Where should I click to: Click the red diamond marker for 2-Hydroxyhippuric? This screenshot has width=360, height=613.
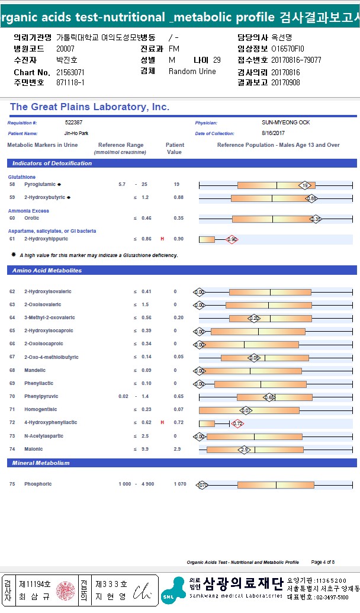tap(232, 239)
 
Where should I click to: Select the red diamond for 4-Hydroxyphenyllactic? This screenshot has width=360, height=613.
tap(237, 423)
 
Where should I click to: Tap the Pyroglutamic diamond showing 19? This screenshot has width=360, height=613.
tap(304, 185)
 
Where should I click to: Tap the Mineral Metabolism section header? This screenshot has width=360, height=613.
tap(41, 463)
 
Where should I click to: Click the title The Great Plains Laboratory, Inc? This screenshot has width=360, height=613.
tap(89, 107)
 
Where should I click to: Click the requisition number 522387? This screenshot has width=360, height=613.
tap(74, 123)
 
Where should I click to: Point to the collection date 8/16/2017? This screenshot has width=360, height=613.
tap(274, 133)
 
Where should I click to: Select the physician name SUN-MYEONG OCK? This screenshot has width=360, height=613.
tap(285, 123)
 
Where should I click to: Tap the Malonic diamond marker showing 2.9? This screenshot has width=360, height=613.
tap(245, 450)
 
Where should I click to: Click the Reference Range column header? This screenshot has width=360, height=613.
tap(120, 145)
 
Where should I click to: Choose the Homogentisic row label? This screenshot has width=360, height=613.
tap(41, 409)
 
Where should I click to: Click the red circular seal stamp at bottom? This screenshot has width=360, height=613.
tap(66, 591)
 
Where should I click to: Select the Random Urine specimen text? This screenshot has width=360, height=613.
tap(192, 72)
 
